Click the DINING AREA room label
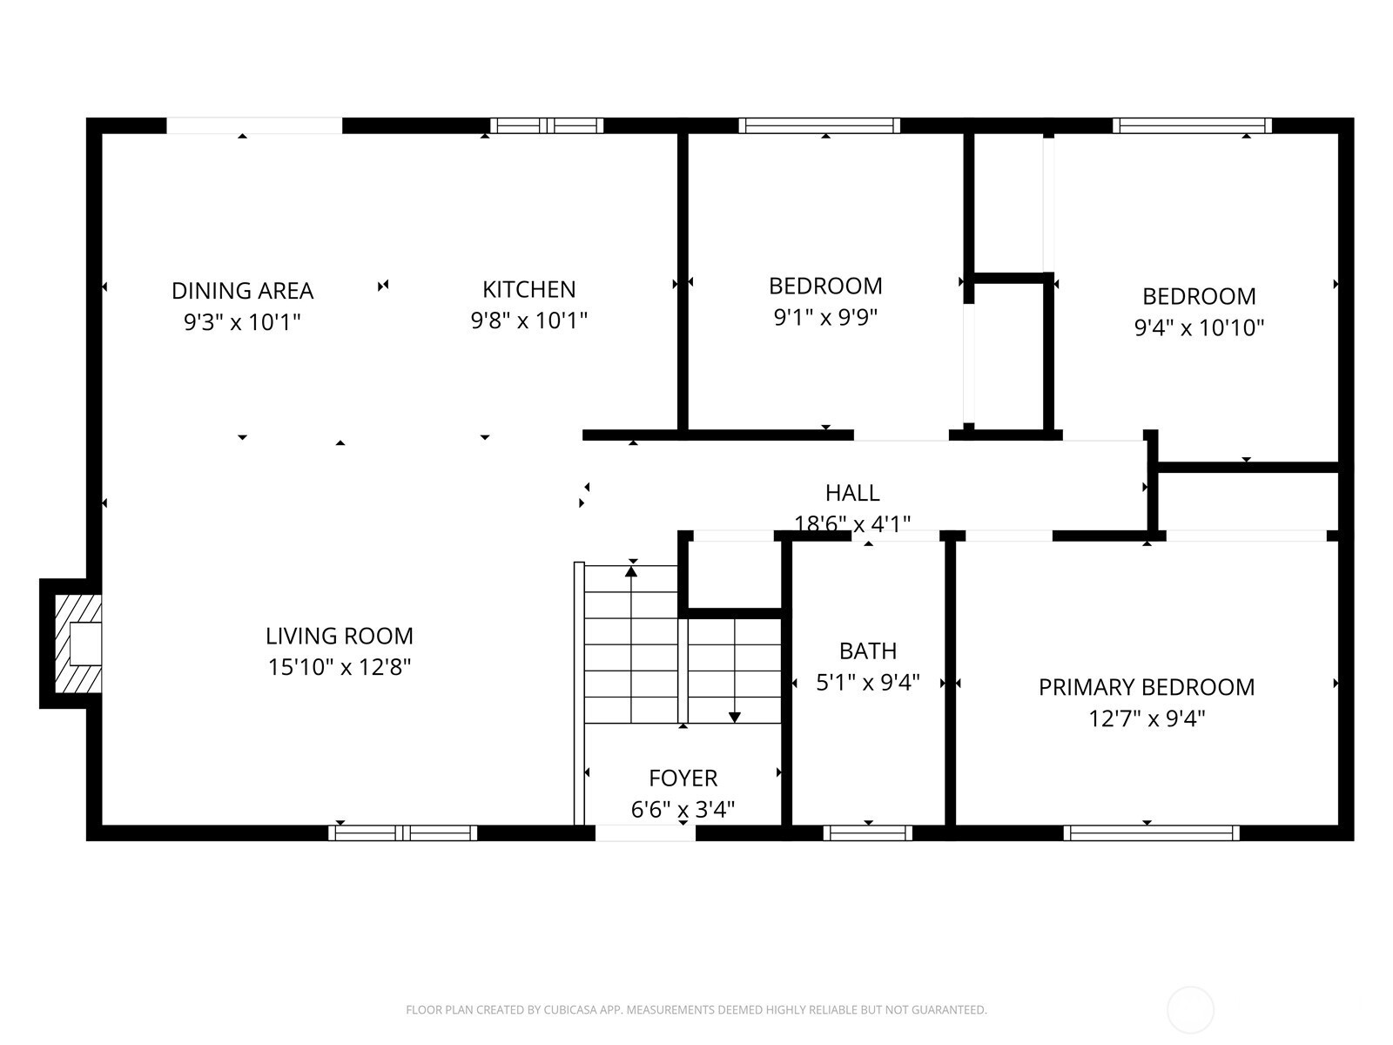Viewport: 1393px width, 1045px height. pos(242,291)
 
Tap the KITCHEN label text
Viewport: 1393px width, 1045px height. pos(528,289)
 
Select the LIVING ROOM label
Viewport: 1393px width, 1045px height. pos(339,636)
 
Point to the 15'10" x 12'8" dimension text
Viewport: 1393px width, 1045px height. pos(339,667)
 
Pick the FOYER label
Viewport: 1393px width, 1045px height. pos(683,778)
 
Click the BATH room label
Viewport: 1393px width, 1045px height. pos(867,651)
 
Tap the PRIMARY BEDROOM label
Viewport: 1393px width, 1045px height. pos(1146,687)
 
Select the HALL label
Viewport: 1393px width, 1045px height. pos(852,493)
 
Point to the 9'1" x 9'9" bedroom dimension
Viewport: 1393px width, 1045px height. pos(825,317)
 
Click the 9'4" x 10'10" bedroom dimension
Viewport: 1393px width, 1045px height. pos(1199,327)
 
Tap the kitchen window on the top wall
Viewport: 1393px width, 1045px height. pos(547,125)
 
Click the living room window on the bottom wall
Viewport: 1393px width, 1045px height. pos(402,833)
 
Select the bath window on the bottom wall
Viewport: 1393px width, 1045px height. pos(867,833)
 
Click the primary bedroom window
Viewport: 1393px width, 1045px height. pos(1151,833)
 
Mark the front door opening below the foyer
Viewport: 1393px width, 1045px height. pos(645,833)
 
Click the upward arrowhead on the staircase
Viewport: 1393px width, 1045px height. pos(631,571)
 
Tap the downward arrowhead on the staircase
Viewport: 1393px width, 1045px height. pos(734,718)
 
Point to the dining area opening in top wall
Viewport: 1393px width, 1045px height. pos(254,125)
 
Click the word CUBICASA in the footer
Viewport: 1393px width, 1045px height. pos(569,1009)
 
